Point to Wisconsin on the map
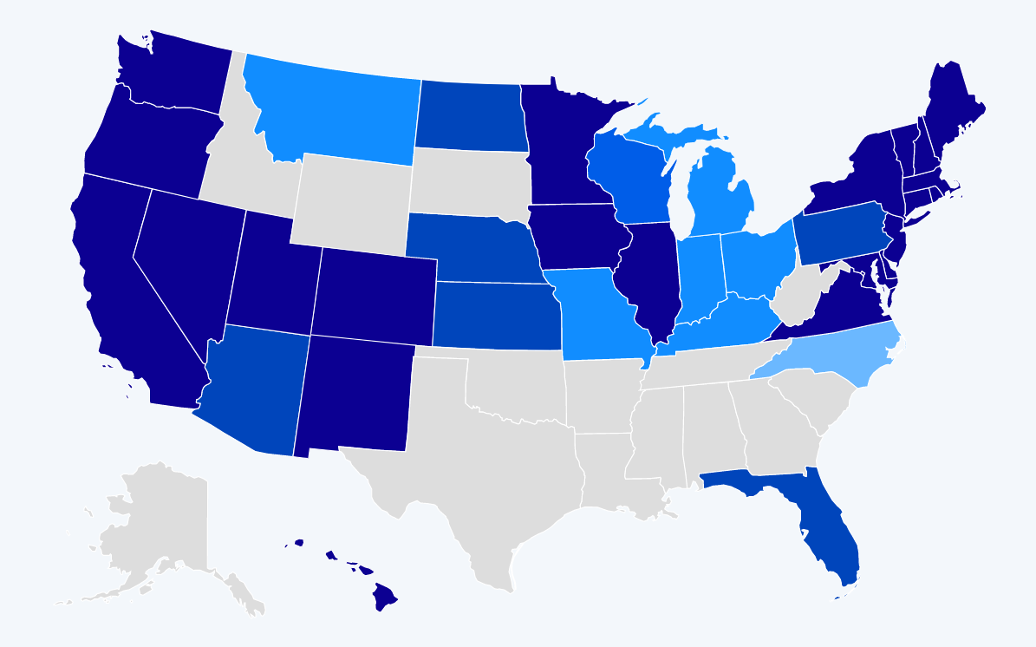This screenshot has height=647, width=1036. [x=629, y=182]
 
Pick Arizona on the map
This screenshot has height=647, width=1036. [x=256, y=386]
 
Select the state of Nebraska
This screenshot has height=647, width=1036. [x=468, y=247]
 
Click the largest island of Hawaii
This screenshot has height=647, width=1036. [x=384, y=596]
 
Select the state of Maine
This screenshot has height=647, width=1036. [x=954, y=104]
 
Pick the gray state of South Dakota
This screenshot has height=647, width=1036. [x=468, y=182]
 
